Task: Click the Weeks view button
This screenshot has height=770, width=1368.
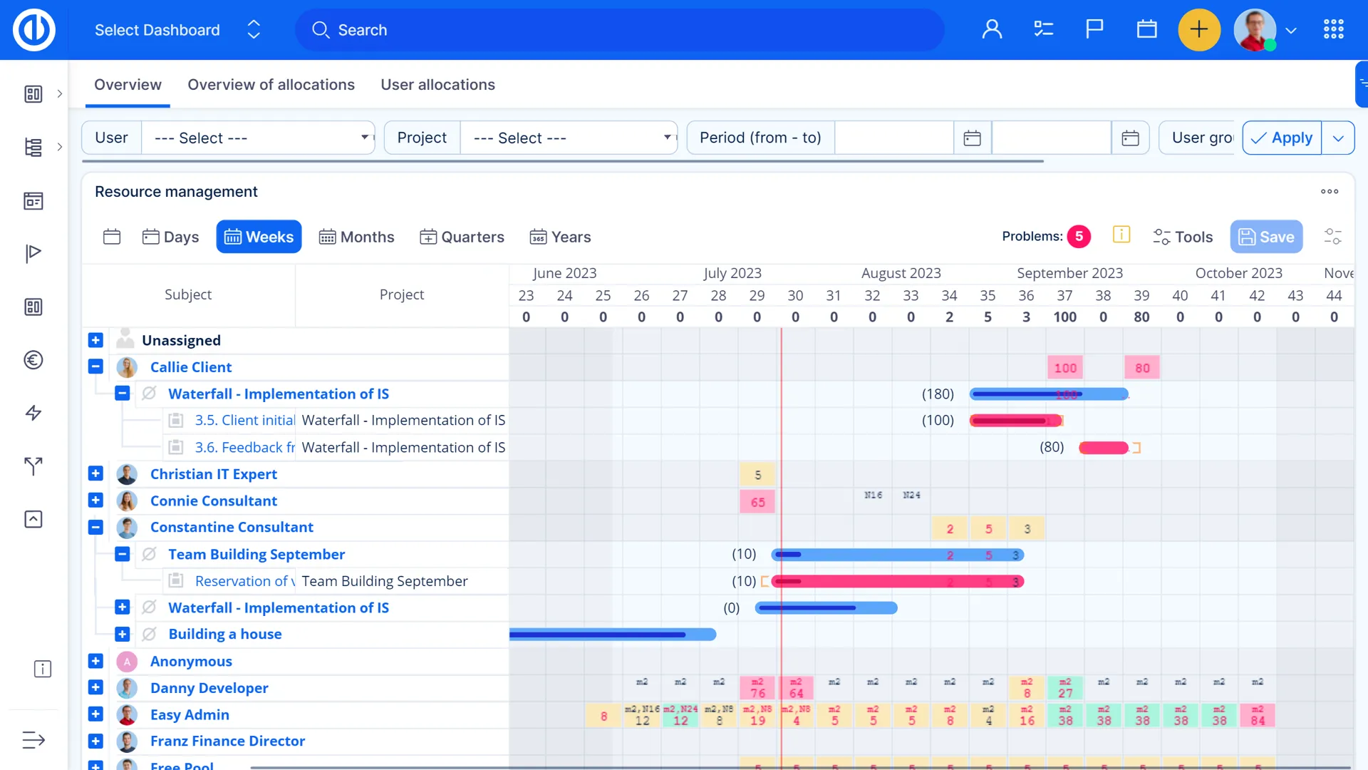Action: pyautogui.click(x=259, y=237)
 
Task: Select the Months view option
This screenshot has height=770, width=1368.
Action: pyautogui.click(x=356, y=237)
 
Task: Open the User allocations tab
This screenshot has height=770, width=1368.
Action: pyautogui.click(x=437, y=85)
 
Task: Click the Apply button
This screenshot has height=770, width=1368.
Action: pyautogui.click(x=1282, y=138)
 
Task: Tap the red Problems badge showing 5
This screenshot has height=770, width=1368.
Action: pyautogui.click(x=1079, y=237)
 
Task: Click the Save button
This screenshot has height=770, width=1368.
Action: pyautogui.click(x=1266, y=237)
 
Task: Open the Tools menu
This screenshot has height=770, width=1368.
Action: pyautogui.click(x=1183, y=237)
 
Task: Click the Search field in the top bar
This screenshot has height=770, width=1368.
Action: pyautogui.click(x=620, y=30)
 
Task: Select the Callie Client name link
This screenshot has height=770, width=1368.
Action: pyautogui.click(x=191, y=367)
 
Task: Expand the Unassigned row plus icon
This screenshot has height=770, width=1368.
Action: pyautogui.click(x=95, y=340)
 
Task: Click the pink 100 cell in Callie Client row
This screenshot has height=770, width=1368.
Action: pyautogui.click(x=1065, y=368)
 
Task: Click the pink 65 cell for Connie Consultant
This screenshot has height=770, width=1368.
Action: pyautogui.click(x=757, y=502)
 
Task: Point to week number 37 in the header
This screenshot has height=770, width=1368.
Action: pyautogui.click(x=1064, y=296)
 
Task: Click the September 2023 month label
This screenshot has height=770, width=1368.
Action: pyautogui.click(x=1069, y=273)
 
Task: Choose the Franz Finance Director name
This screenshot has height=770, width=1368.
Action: pyautogui.click(x=227, y=741)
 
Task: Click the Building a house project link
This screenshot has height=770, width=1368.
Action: pyautogui.click(x=225, y=634)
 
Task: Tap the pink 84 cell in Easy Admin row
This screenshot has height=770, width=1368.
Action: pyautogui.click(x=1258, y=716)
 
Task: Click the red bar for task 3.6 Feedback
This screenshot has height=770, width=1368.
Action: pyautogui.click(x=1103, y=448)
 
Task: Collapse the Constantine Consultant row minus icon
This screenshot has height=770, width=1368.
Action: pyautogui.click(x=95, y=528)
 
